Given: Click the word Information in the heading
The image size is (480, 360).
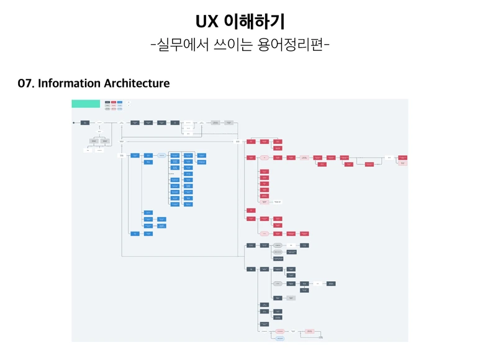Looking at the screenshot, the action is tap(70, 83).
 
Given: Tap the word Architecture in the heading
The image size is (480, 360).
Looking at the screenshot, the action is tap(137, 83).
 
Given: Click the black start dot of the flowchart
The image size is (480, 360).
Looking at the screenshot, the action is tap(74, 123).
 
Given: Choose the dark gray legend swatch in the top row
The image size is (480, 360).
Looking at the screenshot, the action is tap(107, 102).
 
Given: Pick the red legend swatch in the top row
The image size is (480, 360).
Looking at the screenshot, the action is tap(114, 102).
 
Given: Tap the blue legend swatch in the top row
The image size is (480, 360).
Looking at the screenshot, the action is tap(120, 102).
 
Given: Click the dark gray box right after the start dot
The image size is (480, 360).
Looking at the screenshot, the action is tap(84, 123).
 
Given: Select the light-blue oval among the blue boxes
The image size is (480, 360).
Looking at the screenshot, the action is tap(161, 155).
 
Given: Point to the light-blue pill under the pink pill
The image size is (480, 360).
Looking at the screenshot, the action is tap(280, 339).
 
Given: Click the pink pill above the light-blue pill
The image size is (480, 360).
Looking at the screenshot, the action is tap(280, 331).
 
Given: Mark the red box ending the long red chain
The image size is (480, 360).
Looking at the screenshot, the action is tap(403, 158).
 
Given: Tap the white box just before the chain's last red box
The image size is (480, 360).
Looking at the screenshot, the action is tap(389, 158).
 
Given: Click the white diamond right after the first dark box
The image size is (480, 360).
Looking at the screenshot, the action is tap(99, 123).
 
